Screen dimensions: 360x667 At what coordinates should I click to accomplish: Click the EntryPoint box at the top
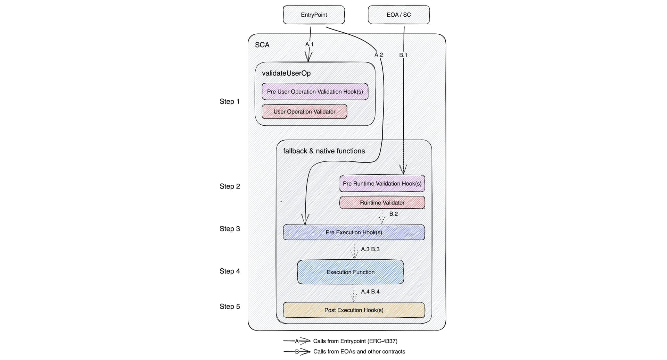click(x=314, y=15)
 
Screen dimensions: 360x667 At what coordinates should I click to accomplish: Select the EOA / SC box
click(x=398, y=15)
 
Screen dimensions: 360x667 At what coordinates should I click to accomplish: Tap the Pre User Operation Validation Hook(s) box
click(x=315, y=92)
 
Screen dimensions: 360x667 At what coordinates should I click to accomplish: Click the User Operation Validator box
click(x=304, y=111)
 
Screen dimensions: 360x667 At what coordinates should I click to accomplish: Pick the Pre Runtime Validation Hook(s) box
click(x=382, y=183)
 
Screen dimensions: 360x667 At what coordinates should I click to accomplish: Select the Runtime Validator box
click(x=382, y=202)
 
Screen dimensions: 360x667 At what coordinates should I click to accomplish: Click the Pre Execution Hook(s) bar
click(x=354, y=232)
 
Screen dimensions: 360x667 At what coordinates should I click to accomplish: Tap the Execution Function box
click(x=350, y=272)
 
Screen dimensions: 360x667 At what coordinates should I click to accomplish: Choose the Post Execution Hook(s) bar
click(x=354, y=310)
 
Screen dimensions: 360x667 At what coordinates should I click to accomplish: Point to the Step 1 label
click(x=229, y=101)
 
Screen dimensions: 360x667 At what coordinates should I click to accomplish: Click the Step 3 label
click(x=230, y=229)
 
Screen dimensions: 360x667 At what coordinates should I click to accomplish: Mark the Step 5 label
click(x=230, y=307)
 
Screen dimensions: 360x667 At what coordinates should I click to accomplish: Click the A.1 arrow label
click(x=309, y=44)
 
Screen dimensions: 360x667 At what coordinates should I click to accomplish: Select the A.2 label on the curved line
click(x=379, y=55)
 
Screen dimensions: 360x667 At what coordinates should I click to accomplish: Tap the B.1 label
click(x=403, y=55)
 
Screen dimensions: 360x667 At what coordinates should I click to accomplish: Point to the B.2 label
click(x=393, y=214)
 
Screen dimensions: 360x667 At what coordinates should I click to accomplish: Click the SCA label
click(x=262, y=45)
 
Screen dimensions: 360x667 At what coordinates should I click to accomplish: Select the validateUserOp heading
click(x=286, y=73)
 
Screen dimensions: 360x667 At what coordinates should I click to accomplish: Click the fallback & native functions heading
click(x=324, y=151)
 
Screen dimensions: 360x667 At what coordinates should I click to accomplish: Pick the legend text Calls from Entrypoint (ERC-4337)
click(x=355, y=341)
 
